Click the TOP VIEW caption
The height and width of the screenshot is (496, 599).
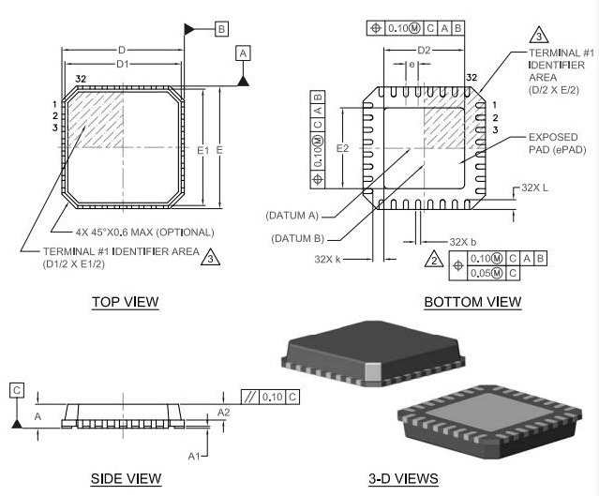pos(125,302)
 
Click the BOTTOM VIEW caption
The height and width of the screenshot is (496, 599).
pos(472,302)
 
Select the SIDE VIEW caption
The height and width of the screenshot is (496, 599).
pos(126,478)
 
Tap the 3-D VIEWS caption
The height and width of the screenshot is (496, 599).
pos(403,478)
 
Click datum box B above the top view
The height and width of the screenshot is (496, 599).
pos(221,30)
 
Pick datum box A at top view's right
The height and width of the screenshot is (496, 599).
pos(244,55)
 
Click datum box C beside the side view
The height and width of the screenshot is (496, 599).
pos(17,389)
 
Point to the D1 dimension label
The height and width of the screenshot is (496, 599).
pos(122,65)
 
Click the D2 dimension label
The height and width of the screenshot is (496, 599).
pos(423,50)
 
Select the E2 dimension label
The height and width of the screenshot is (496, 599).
pos(342,148)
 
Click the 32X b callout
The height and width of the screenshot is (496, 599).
pos(463,241)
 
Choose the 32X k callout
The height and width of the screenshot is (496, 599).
pos(326,259)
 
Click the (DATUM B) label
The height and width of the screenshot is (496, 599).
pos(297,238)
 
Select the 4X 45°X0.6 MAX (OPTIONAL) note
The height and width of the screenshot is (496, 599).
pos(144,232)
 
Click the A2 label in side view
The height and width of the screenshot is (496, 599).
pos(223,412)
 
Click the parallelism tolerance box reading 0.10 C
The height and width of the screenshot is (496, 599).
pos(271,397)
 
